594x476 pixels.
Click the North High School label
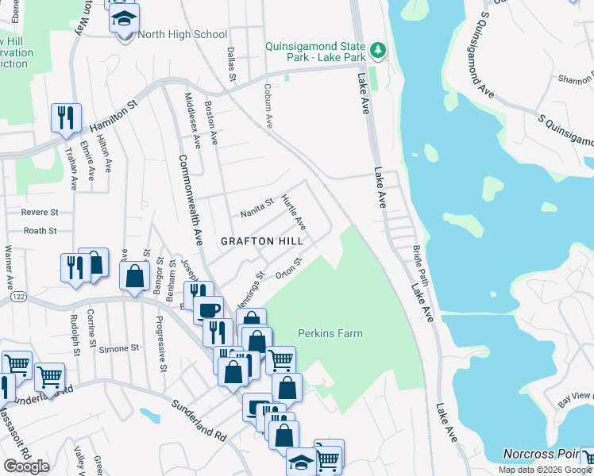tap(182, 34)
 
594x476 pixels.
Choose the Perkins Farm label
tap(330, 333)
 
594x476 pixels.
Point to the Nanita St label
tap(256, 209)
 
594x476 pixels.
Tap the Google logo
tap(26, 466)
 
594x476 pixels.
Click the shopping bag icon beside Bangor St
tap(135, 276)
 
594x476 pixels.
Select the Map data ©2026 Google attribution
tap(545, 470)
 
